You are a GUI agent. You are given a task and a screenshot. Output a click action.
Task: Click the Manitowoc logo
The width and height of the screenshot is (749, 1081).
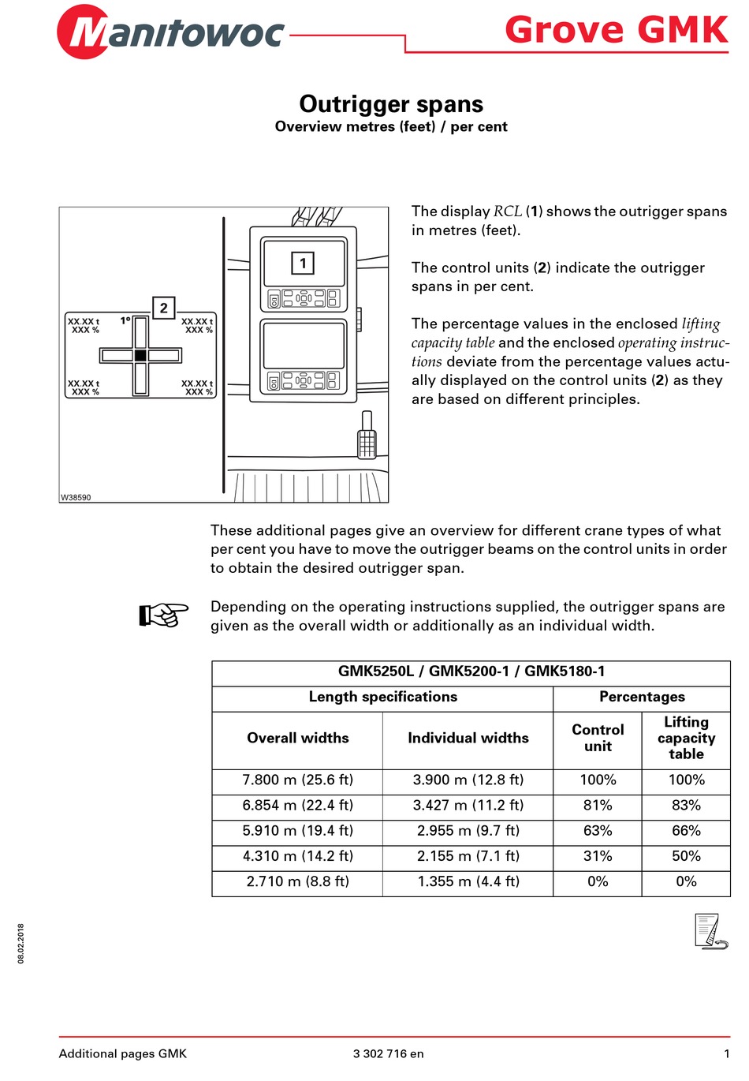tap(170, 32)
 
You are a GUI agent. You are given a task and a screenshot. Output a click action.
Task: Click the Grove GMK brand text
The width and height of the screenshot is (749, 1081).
tap(616, 30)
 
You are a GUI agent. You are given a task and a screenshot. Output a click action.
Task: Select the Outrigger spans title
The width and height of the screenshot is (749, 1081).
tap(391, 104)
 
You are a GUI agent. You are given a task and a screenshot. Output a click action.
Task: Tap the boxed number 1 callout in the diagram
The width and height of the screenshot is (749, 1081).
tap(303, 263)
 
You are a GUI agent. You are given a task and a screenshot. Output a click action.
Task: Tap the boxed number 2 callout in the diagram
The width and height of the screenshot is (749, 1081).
tap(163, 308)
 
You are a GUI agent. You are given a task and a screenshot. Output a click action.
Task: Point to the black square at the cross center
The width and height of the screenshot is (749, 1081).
tap(140, 356)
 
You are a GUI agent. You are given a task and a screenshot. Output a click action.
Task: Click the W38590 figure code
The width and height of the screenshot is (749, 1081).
tap(76, 497)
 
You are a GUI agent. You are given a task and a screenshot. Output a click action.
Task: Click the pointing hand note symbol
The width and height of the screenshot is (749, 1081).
tap(163, 615)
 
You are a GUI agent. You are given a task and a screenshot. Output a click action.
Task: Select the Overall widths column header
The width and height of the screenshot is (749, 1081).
tap(297, 738)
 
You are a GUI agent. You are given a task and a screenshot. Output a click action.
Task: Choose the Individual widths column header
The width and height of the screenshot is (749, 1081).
tap(468, 738)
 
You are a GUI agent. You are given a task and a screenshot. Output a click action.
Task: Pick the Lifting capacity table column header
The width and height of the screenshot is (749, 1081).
tap(686, 738)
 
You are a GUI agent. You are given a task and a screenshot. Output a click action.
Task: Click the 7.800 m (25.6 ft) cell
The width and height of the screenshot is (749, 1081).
tap(297, 780)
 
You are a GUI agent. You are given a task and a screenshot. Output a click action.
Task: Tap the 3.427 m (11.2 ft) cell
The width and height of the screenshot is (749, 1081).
tap(468, 805)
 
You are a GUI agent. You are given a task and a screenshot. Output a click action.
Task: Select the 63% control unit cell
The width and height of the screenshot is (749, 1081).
tap(598, 830)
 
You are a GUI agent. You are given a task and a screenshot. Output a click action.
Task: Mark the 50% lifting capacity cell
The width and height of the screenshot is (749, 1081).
tap(686, 855)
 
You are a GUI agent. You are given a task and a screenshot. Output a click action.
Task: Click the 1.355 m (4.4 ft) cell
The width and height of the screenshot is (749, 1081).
tap(468, 881)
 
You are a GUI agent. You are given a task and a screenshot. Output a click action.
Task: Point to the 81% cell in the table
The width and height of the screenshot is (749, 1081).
tap(598, 805)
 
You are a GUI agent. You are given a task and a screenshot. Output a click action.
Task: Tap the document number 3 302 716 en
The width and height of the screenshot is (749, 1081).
tap(388, 1053)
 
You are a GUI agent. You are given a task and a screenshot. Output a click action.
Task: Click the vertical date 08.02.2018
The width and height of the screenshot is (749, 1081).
tap(21, 943)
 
